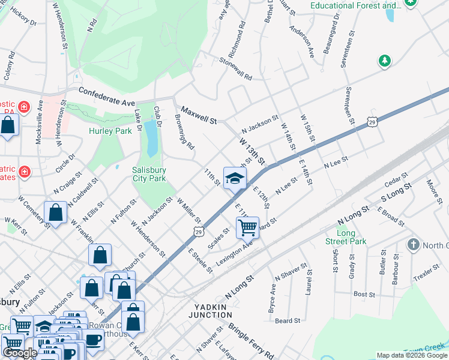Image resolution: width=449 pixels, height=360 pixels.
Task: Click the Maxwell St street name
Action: coord(199,116)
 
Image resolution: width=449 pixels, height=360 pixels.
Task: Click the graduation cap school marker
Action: coord(235,178)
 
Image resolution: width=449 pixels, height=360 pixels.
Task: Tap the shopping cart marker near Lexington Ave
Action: coord(247,227)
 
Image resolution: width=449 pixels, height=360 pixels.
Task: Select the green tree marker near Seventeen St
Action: coord(384,61)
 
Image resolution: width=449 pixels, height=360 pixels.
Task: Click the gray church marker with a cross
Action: coord(413,245)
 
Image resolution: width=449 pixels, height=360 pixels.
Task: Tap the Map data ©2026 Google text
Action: coord(412,355)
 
